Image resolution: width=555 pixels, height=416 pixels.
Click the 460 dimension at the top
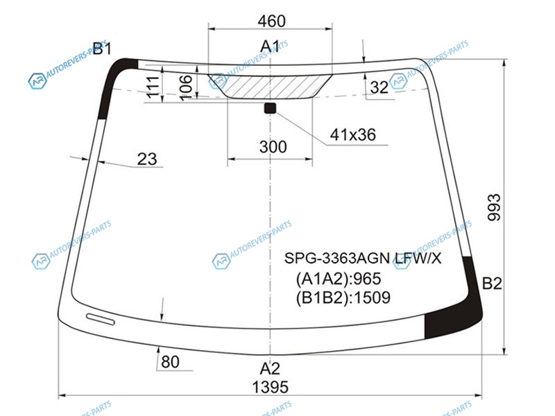click(271, 21)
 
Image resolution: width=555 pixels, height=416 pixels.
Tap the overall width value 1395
click(270, 388)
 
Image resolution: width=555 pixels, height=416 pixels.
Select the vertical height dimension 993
click(494, 207)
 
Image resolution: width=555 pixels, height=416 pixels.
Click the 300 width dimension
click(273, 147)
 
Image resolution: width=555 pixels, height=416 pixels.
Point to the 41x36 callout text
click(352, 135)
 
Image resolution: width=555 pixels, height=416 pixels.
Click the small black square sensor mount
click(270, 108)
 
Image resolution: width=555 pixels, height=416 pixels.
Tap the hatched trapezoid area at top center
click(270, 86)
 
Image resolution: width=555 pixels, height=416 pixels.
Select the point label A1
click(270, 46)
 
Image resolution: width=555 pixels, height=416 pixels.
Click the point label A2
click(270, 369)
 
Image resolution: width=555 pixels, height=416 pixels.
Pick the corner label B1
click(102, 49)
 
